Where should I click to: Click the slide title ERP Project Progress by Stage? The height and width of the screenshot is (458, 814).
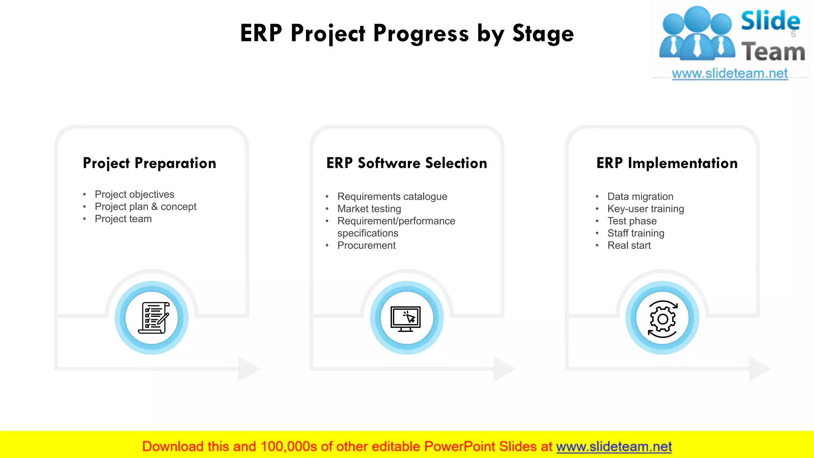pyautogui.click(x=407, y=33)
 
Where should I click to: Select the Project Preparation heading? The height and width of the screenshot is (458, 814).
pyautogui.click(x=149, y=163)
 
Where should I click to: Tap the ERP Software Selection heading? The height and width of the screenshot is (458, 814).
pyautogui.click(x=407, y=163)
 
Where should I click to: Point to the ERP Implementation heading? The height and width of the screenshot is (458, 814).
pyautogui.click(x=667, y=163)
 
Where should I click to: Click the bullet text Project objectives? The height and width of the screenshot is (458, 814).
pyautogui.click(x=134, y=194)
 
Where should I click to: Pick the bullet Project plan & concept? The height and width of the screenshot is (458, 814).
pyautogui.click(x=145, y=207)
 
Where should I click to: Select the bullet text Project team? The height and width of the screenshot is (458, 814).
pyautogui.click(x=123, y=219)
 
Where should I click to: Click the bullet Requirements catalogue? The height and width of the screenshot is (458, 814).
pyautogui.click(x=392, y=197)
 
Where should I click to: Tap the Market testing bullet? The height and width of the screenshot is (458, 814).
pyautogui.click(x=369, y=209)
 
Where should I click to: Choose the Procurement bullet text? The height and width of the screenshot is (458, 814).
pyautogui.click(x=366, y=245)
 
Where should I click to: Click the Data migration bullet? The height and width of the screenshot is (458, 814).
pyautogui.click(x=640, y=197)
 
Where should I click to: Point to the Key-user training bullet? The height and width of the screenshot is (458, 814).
pyautogui.click(x=645, y=209)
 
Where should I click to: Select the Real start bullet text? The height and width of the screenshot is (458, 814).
pyautogui.click(x=629, y=245)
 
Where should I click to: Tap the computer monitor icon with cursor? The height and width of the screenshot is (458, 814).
pyautogui.click(x=406, y=318)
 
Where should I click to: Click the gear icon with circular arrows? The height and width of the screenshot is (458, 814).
pyautogui.click(x=662, y=319)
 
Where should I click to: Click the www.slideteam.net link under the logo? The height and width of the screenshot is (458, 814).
pyautogui.click(x=729, y=74)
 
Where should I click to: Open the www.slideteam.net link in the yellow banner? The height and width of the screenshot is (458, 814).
pyautogui.click(x=614, y=446)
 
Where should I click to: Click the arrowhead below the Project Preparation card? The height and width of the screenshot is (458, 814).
pyautogui.click(x=248, y=369)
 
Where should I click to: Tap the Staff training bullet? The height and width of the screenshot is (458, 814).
pyautogui.click(x=636, y=233)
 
